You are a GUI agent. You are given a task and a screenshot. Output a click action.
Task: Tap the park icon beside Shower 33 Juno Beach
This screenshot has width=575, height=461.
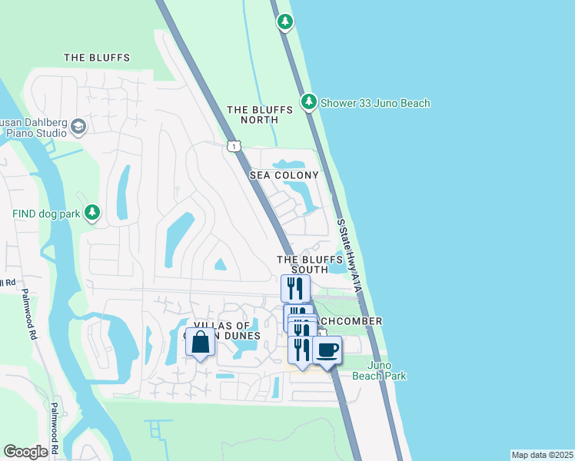pyautogui.click(x=309, y=101)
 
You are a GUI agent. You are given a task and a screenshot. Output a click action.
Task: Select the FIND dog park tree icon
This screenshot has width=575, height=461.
pyautogui.click(x=92, y=211)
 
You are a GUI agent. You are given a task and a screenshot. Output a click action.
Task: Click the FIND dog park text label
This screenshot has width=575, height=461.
pyautogui.click(x=46, y=213)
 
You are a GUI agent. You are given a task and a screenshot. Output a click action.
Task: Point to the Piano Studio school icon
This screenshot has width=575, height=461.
pyautogui.click(x=78, y=127)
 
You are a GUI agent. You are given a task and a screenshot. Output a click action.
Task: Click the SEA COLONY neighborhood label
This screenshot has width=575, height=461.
pyautogui.click(x=284, y=175)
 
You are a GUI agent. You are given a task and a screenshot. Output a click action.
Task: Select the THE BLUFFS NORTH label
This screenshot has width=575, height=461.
pyautogui.click(x=260, y=114)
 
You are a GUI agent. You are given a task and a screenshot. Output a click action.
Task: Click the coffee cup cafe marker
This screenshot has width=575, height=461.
pyautogui.click(x=327, y=350)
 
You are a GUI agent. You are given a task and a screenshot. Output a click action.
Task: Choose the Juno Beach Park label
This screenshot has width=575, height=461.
pyautogui.click(x=379, y=370)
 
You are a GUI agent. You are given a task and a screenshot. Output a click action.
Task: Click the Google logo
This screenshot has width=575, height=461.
pyautogui.click(x=25, y=452)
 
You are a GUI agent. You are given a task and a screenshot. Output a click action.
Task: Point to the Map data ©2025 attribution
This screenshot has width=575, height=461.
pyautogui.click(x=542, y=455)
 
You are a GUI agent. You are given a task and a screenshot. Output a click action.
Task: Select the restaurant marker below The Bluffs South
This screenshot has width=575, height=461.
pyautogui.click(x=295, y=289)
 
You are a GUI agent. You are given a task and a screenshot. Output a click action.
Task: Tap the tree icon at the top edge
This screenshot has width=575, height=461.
pyautogui.click(x=285, y=21)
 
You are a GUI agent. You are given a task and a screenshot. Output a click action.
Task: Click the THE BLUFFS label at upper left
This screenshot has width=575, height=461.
pyautogui.click(x=97, y=58)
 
